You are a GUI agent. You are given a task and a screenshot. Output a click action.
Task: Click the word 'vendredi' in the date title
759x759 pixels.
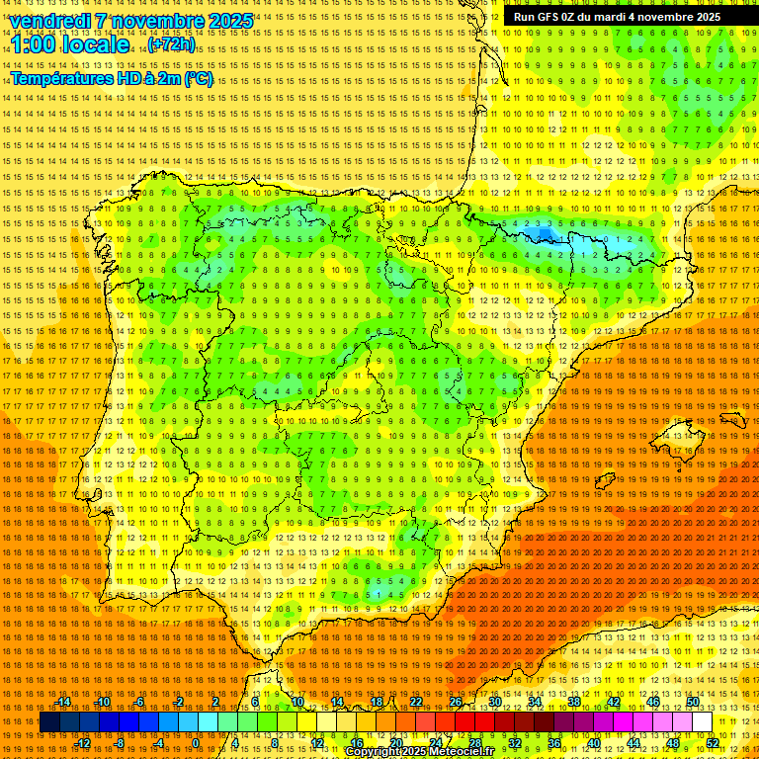point(48,21)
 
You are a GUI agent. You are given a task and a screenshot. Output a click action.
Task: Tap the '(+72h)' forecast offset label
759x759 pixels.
point(171,44)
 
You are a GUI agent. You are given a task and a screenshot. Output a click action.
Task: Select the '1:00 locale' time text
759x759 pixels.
point(70,44)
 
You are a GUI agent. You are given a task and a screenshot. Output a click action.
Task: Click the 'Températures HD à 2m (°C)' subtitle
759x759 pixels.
point(111,78)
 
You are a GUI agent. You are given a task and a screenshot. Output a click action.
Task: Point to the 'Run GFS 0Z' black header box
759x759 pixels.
point(617,17)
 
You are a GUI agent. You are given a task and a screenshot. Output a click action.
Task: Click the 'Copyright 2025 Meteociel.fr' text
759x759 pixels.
point(419,752)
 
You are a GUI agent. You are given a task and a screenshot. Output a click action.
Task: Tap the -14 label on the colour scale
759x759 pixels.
point(64,702)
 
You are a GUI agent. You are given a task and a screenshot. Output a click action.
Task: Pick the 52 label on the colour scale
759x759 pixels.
point(713,743)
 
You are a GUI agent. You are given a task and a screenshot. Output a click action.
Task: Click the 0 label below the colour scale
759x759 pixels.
point(196,743)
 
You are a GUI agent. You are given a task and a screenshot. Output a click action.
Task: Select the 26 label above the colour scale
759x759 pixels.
point(456,702)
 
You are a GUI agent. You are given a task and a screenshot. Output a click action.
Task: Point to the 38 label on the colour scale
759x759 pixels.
point(573,702)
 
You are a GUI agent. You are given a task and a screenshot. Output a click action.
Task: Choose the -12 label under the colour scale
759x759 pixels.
point(83,743)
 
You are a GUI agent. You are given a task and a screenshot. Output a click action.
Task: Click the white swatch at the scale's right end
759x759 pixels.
point(702,722)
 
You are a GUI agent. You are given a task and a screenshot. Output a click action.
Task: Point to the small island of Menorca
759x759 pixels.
point(732,419)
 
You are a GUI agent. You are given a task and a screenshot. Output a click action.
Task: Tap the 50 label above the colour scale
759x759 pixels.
point(693,702)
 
